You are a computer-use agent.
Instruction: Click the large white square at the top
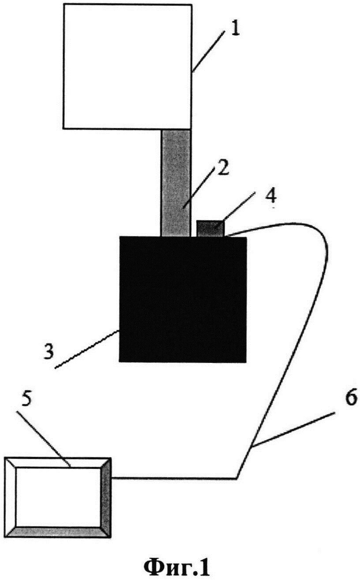pos(127,66)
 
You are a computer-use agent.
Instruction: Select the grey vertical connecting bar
pos(176,181)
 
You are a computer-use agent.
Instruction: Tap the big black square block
pos(183,299)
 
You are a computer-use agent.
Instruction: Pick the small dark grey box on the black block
pos(210,228)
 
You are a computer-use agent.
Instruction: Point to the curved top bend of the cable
pos(309,229)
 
